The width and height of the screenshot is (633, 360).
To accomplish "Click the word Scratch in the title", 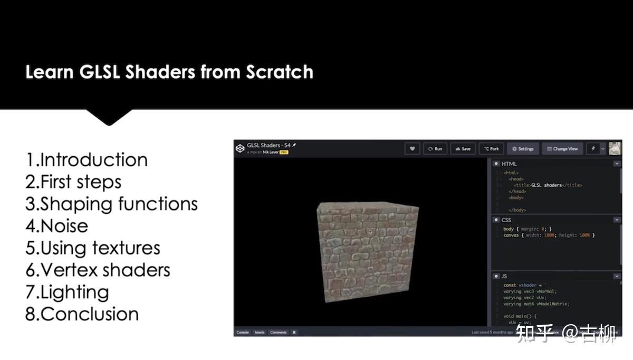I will pos(280,72).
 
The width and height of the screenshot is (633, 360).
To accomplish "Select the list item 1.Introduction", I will pos(87,159).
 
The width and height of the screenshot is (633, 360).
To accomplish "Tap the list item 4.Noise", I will pos(56,226).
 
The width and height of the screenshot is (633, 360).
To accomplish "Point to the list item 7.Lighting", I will pos(67,292).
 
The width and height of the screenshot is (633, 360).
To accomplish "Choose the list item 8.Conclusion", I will pos(82,314).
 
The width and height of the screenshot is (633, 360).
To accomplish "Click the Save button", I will pos(463,149).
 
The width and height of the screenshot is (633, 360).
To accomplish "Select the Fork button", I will pos(491,149).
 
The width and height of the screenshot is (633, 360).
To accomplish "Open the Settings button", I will pos(522,149).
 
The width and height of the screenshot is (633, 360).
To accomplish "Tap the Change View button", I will pos(562,149).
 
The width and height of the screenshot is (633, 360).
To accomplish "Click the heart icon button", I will pos(412,149).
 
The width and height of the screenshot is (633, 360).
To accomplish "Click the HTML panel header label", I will pos(509,164).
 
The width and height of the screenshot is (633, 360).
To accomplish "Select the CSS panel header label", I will pos(506,220).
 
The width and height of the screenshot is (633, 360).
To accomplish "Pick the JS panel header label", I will pos(504,276).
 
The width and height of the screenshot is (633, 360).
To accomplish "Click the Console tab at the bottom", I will pos(243,333).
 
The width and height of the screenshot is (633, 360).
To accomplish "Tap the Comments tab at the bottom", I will pos(278,333).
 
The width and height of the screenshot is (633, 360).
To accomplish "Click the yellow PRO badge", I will pos(284,152).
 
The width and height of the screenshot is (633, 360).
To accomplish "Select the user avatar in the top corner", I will pos(615,149).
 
